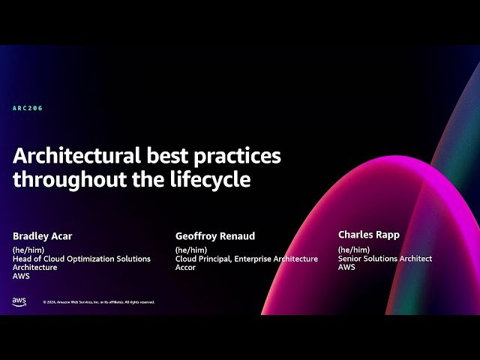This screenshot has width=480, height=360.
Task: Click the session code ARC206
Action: pyautogui.click(x=28, y=109)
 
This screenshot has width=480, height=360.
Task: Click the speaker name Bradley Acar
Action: pyautogui.click(x=43, y=236)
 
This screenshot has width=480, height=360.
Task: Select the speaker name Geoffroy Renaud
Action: pyautogui.click(x=215, y=236)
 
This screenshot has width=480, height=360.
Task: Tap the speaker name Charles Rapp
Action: pyautogui.click(x=369, y=235)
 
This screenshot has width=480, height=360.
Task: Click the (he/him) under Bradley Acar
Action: pyautogui.click(x=28, y=250)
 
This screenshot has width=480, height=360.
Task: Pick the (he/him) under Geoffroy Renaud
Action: pyautogui.click(x=191, y=250)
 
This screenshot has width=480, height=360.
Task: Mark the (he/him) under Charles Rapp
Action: pyautogui.click(x=354, y=250)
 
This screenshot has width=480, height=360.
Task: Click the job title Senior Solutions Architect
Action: pyautogui.click(x=385, y=259)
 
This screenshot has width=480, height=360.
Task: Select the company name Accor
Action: pyautogui.click(x=185, y=268)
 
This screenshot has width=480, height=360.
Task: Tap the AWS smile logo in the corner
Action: pyautogui.click(x=19, y=301)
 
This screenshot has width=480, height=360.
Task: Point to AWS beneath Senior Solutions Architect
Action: pyautogui.click(x=346, y=268)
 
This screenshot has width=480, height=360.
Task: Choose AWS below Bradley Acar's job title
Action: pyautogui.click(x=21, y=276)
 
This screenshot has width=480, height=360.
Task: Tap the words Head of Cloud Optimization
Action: pyautogui.click(x=60, y=259)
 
